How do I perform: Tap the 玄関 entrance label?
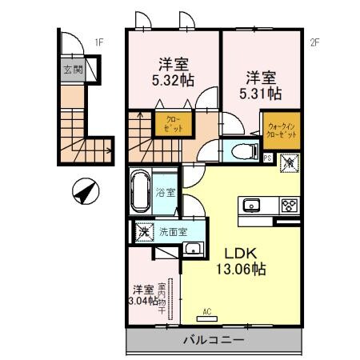pos(74,69)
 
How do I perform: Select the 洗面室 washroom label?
pos(172,233)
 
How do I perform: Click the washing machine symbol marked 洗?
pos(144,233)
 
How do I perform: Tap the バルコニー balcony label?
pos(212,340)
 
